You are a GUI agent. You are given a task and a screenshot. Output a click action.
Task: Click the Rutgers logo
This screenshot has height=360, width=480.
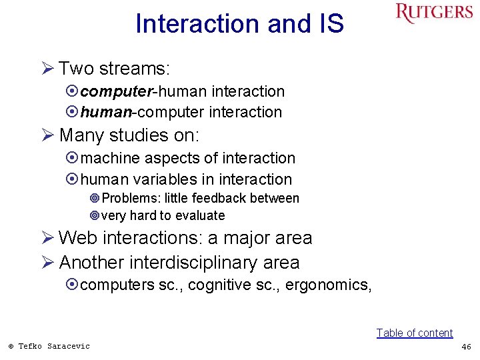[433, 13]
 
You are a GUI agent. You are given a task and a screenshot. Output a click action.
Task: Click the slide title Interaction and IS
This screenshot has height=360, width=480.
[239, 24]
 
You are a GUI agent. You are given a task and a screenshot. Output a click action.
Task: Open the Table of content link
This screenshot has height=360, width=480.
[414, 333]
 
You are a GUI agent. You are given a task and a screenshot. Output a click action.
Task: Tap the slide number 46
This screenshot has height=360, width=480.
[466, 346]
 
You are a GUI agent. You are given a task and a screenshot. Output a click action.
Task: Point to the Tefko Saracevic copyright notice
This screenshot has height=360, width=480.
[49, 346]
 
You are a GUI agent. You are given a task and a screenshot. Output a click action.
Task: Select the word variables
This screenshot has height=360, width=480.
[163, 179]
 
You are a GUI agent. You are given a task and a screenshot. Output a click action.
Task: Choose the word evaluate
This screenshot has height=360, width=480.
[199, 216]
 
